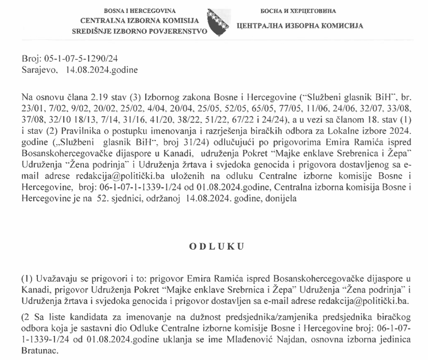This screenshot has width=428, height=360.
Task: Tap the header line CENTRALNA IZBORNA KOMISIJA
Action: point(140,21)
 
